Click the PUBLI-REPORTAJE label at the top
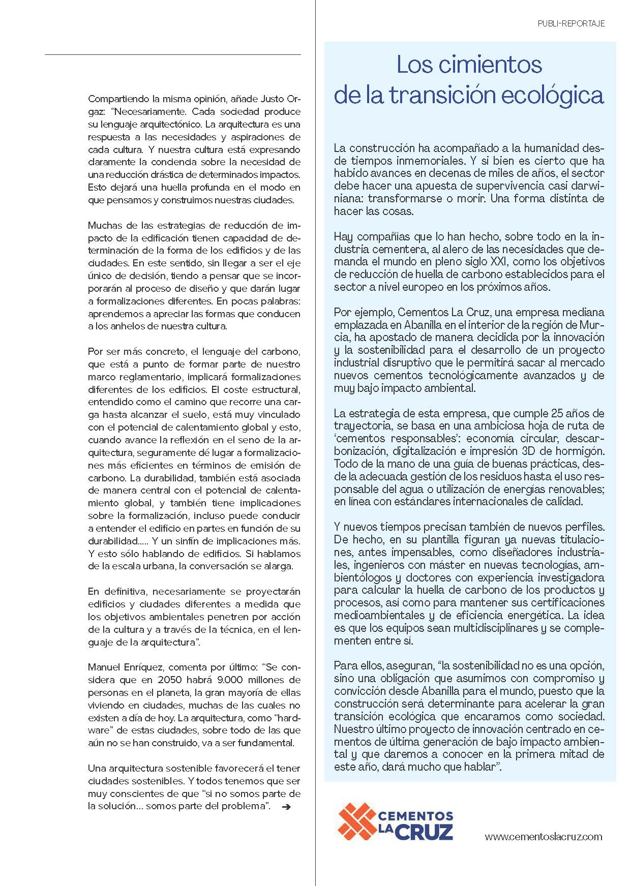point(571,23)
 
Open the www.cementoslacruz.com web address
point(543,836)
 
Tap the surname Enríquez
point(141,667)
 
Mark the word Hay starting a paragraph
point(343,236)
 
